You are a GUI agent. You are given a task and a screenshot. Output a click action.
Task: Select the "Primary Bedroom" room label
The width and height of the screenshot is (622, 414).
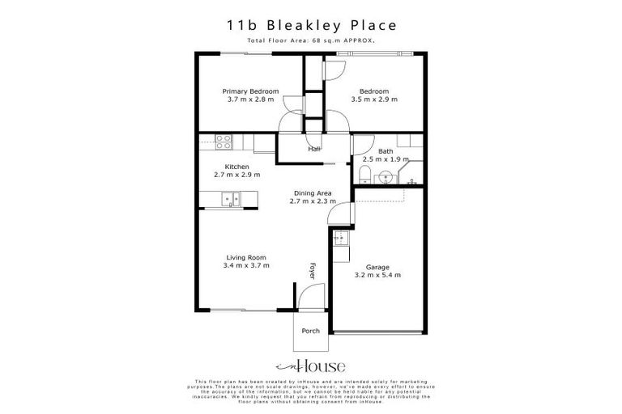251,91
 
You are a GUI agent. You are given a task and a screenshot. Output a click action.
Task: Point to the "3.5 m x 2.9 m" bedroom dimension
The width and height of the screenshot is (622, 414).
374,99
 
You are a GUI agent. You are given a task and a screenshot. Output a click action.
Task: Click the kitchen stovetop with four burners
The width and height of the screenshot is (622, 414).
224,142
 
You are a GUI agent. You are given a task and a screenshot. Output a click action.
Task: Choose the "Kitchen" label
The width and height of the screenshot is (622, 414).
225,167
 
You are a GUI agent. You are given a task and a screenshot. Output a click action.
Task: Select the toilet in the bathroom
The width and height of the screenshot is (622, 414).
365,175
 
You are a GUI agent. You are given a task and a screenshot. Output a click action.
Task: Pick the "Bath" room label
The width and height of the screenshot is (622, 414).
386,150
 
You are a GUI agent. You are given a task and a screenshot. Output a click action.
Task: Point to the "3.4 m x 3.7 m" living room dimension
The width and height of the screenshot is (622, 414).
246,265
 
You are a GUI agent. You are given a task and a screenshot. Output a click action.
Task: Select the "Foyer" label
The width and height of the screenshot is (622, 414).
313,270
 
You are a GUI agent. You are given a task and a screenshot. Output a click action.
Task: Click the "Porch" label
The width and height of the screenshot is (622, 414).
311,331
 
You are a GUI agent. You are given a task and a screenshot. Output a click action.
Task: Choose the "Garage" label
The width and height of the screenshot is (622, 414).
377,267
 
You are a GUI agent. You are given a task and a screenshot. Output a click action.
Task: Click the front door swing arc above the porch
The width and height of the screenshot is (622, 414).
311,299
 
